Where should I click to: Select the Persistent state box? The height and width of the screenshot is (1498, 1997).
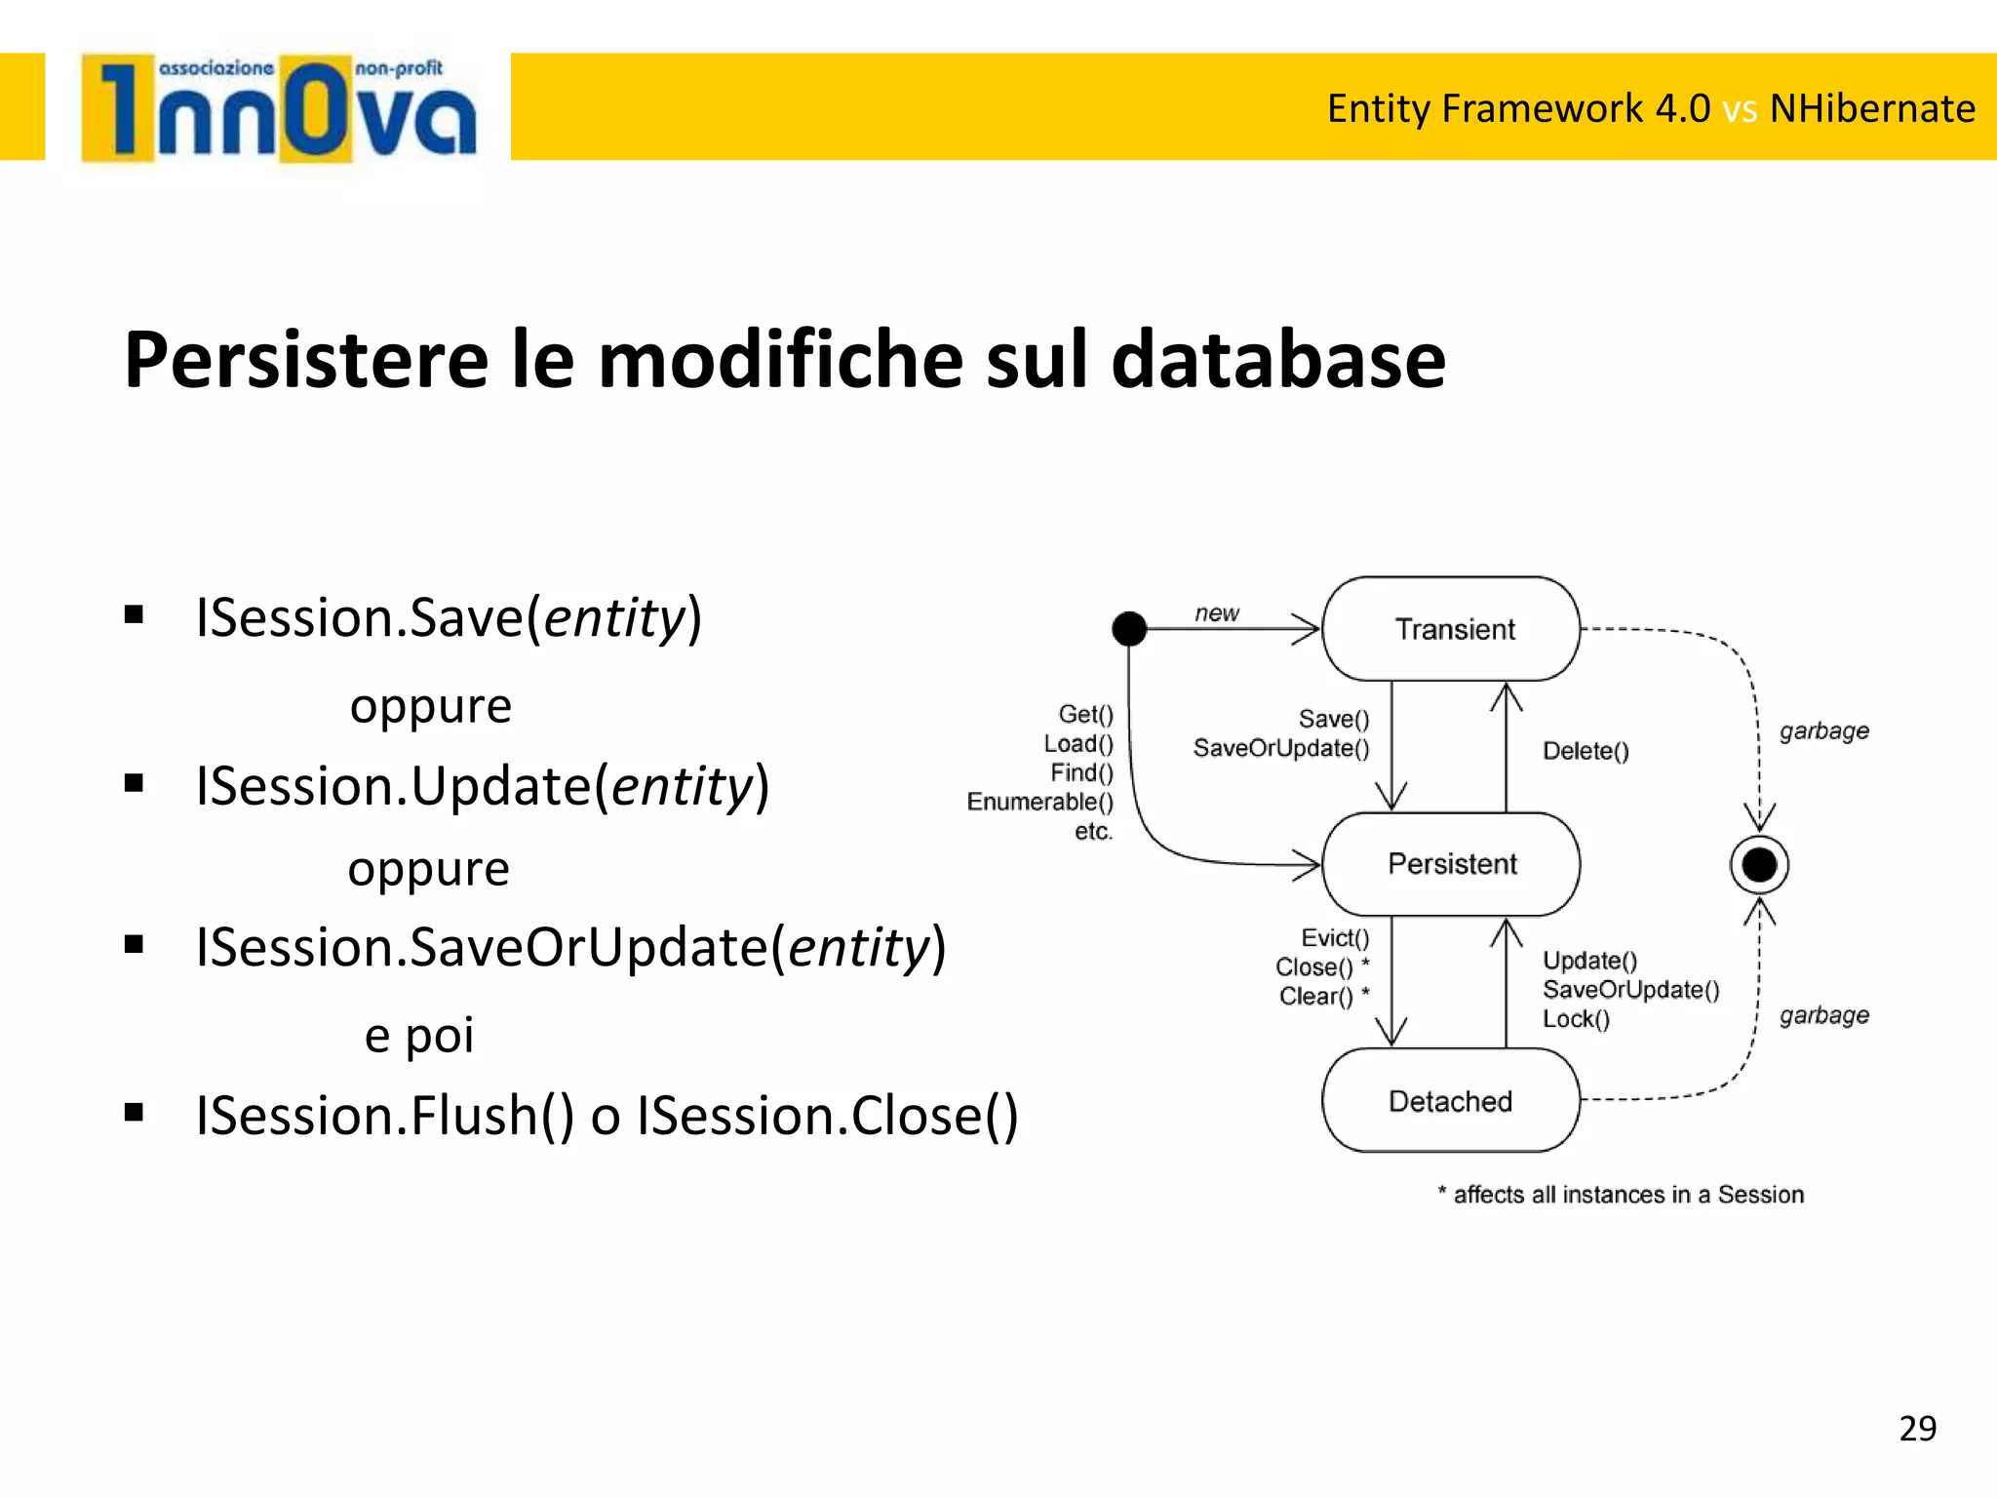click(1451, 864)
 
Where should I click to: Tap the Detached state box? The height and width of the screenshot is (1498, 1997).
click(1451, 1101)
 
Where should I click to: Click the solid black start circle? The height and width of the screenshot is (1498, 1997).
click(1129, 629)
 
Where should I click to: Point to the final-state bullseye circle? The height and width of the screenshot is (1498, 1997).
click(1759, 864)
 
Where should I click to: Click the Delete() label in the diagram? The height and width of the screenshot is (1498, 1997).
click(1586, 751)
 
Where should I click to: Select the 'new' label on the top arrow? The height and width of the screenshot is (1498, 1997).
click(1217, 613)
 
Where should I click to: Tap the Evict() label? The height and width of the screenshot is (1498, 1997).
click(1335, 938)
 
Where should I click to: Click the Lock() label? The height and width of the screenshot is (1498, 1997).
click(1576, 1019)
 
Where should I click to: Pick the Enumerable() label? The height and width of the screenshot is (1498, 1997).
click(1039, 802)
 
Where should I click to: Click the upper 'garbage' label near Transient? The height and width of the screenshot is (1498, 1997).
click(1823, 730)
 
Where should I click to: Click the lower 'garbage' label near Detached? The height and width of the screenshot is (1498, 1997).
click(1823, 1015)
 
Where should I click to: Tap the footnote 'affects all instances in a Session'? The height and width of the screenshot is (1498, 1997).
click(1627, 1195)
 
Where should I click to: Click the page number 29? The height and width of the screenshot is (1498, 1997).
click(1917, 1429)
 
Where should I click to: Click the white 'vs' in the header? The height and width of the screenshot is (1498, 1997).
click(1740, 109)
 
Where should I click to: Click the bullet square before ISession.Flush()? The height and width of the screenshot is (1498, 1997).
click(135, 1113)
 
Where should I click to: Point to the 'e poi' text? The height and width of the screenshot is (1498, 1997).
click(419, 1035)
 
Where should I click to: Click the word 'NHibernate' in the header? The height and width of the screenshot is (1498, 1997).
click(1872, 108)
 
